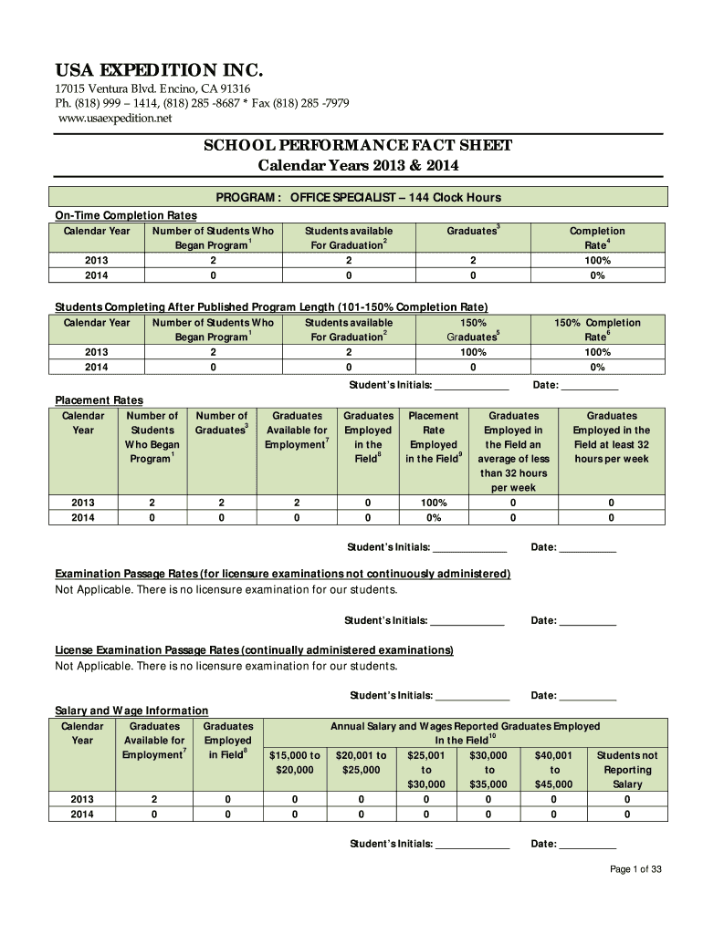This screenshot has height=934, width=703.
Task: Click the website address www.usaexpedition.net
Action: click(x=115, y=119)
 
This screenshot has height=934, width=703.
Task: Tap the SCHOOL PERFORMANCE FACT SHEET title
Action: click(x=357, y=146)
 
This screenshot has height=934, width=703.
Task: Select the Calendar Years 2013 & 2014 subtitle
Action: click(x=357, y=166)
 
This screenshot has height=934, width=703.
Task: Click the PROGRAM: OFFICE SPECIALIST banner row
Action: click(x=357, y=197)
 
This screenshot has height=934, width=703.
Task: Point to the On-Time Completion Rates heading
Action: click(x=126, y=215)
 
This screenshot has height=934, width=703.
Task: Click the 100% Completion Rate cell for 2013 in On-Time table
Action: click(x=597, y=260)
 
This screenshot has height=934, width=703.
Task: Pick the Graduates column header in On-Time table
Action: click(x=472, y=232)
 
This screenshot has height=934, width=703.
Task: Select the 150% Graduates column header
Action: click(x=472, y=329)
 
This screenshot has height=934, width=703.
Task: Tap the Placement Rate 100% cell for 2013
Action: click(x=434, y=503)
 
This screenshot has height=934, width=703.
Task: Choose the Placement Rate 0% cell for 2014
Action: click(x=434, y=517)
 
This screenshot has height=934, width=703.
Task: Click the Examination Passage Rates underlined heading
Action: click(x=283, y=574)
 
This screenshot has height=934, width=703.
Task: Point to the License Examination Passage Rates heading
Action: click(x=254, y=650)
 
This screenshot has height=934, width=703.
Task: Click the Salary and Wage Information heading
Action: click(x=131, y=711)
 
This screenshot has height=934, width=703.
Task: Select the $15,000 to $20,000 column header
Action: click(x=294, y=763)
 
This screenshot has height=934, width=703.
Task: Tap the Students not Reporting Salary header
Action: click(x=627, y=769)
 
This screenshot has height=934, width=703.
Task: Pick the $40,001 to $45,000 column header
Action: click(x=553, y=769)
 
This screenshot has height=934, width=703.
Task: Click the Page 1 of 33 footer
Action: click(x=635, y=869)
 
